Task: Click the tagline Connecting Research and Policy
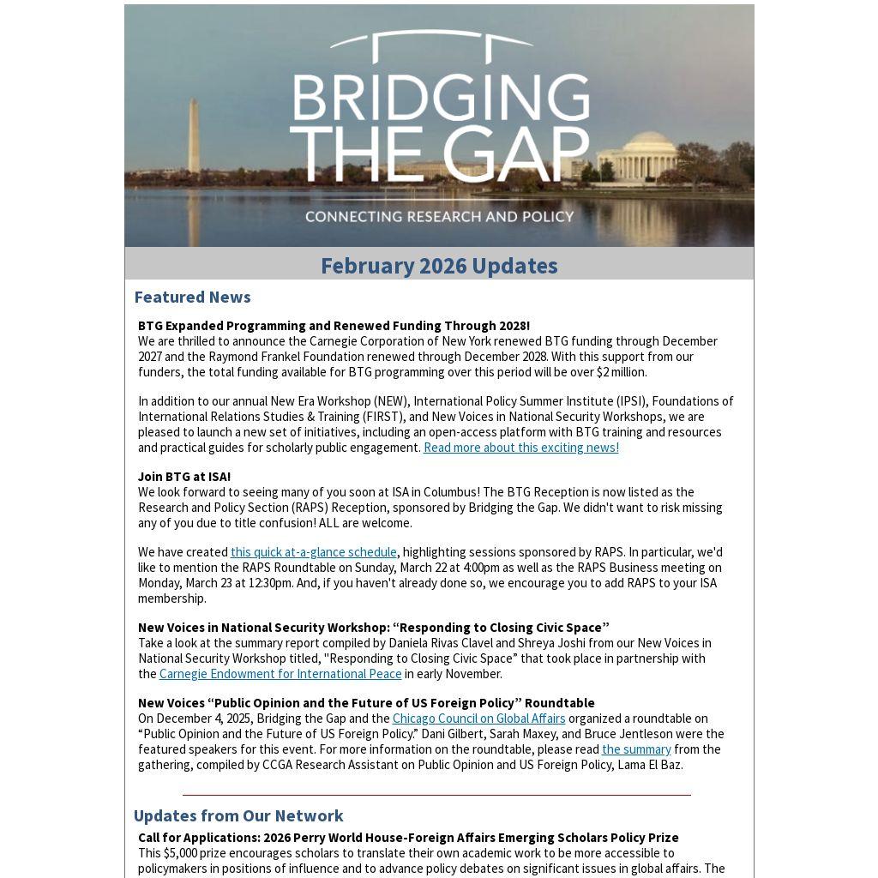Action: [439, 216]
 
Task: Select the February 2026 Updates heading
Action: [439, 266]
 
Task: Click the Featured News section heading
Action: [192, 297]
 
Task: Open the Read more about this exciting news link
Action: [520, 448]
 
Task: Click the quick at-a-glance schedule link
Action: [313, 552]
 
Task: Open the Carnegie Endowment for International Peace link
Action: [280, 674]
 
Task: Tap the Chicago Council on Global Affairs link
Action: [478, 719]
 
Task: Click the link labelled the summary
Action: [636, 749]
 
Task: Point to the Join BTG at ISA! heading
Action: [184, 477]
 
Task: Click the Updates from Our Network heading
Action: [238, 815]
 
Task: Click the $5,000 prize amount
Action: [183, 853]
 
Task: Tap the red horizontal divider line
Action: [436, 795]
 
